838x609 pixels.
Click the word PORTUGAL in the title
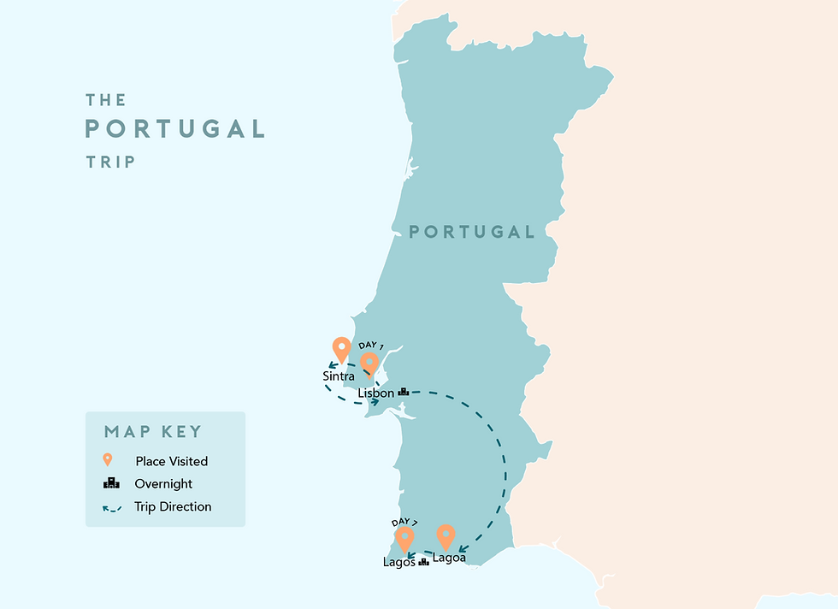174,129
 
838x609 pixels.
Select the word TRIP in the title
110,161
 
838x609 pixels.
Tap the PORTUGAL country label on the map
471,232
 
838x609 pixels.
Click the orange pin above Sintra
341,348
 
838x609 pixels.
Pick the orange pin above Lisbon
369,364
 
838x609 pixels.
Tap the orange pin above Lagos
404,538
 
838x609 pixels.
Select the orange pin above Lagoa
446,536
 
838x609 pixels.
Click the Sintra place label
339,375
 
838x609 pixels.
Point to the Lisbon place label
376,393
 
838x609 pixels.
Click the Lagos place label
399,562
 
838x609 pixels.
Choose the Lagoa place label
450,559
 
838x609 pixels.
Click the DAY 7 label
405,521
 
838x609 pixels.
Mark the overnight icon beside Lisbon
404,392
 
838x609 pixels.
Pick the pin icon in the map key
108,460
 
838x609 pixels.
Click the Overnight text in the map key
163,484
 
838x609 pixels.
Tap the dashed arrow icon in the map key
111,507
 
